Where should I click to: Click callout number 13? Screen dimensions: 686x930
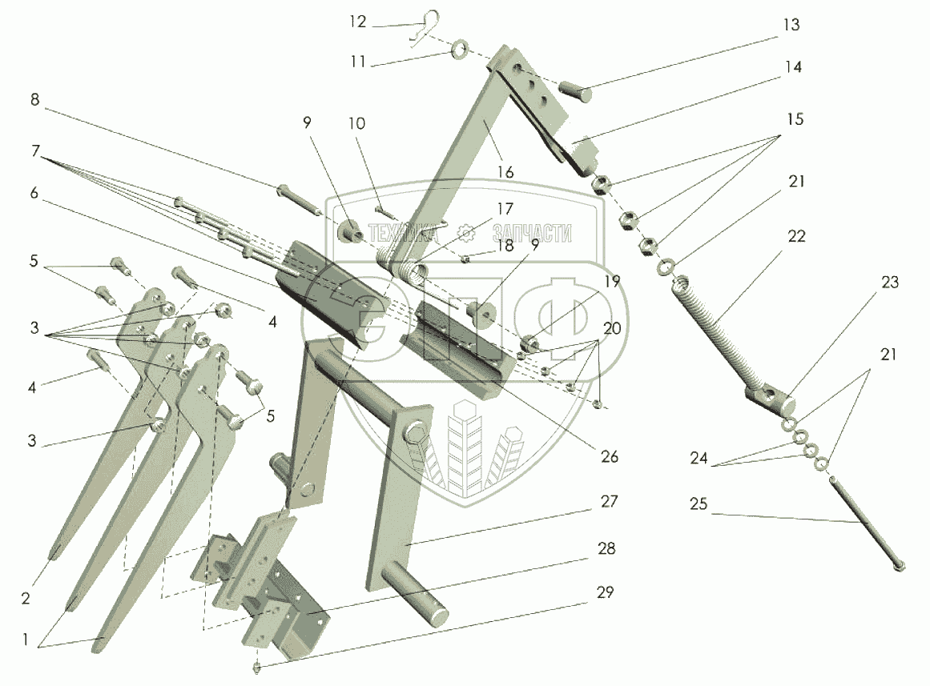pyautogui.click(x=791, y=26)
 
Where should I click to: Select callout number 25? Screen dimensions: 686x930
pyautogui.click(x=699, y=506)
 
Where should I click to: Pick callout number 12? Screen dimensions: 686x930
pyautogui.click(x=357, y=22)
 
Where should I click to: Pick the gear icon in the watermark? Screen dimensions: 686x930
pyautogui.click(x=466, y=232)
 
